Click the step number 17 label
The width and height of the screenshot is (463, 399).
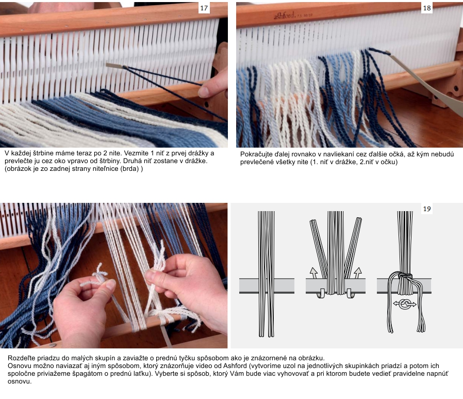(204, 8)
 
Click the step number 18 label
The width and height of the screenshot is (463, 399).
(427, 8)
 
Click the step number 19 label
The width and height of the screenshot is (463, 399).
(427, 209)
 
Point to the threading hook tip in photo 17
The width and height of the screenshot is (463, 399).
(107, 65)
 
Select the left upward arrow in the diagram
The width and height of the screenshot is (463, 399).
(313, 273)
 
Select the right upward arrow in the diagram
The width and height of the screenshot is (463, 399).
(358, 273)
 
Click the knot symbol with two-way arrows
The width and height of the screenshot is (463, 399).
(405, 304)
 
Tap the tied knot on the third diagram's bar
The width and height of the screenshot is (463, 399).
(405, 276)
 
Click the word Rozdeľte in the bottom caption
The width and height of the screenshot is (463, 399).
(21, 358)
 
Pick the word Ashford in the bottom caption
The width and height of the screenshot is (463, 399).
(235, 366)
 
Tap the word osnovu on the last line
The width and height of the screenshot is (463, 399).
(20, 381)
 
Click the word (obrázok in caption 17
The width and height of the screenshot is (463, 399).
(18, 169)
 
